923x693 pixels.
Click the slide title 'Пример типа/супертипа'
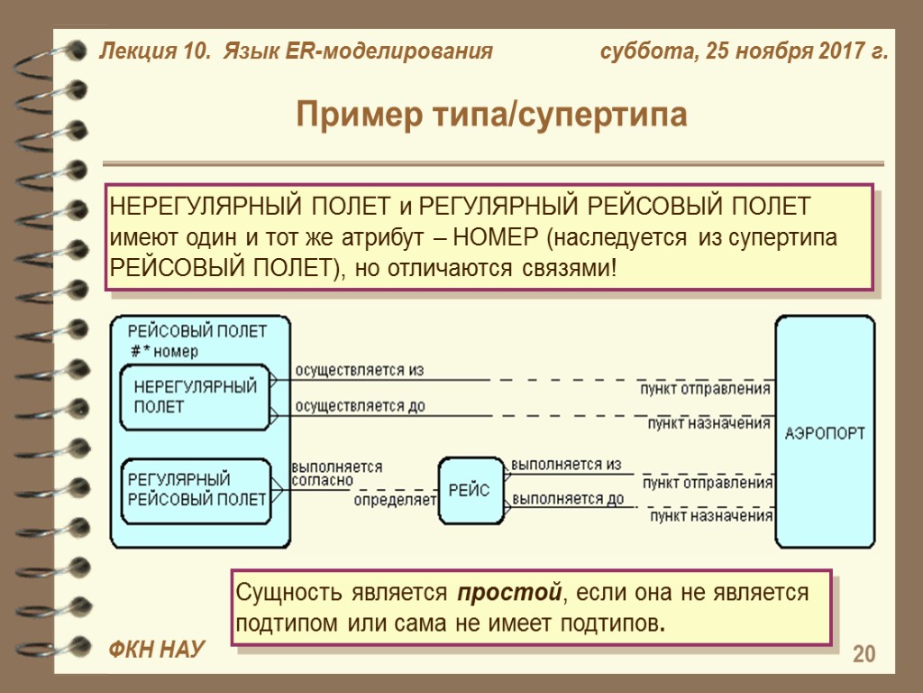[x=491, y=115]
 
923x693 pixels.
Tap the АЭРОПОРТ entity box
[x=825, y=432]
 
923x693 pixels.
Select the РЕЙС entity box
[x=471, y=490]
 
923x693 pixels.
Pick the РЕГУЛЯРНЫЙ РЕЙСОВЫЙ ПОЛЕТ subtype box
[x=196, y=489]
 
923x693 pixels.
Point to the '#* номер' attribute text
[x=164, y=351]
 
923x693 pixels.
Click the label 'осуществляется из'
[x=359, y=370]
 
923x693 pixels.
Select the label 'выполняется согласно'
[x=335, y=474]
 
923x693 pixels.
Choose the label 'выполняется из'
[x=566, y=465]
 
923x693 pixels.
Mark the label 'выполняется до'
[x=567, y=498]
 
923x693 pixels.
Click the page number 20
[x=864, y=654]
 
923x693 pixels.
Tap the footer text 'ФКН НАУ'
[x=157, y=649]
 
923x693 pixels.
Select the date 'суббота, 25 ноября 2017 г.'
[x=745, y=51]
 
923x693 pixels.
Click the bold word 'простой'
[x=509, y=594]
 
